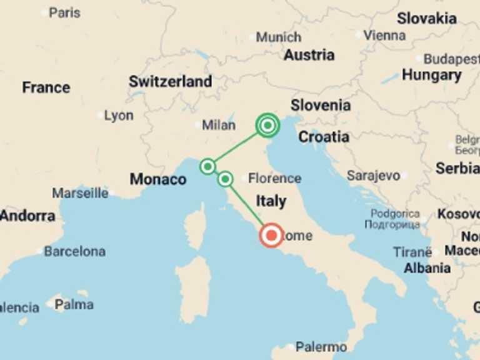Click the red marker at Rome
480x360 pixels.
click(x=271, y=235)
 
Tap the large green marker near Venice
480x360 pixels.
click(x=267, y=126)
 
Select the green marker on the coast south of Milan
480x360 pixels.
click(x=207, y=166)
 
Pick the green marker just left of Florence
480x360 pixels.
click(x=226, y=179)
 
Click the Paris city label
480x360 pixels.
click(x=64, y=12)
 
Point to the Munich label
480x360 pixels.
click(x=278, y=37)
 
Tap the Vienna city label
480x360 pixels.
click(x=384, y=36)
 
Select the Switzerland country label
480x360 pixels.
click(x=170, y=81)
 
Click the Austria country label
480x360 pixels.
click(x=309, y=55)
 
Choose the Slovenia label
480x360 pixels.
click(x=320, y=105)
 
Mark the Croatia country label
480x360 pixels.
click(x=323, y=136)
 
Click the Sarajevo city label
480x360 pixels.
click(x=373, y=176)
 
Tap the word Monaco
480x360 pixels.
click(x=157, y=179)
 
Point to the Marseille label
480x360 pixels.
click(x=80, y=193)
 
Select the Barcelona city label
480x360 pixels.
click(x=74, y=251)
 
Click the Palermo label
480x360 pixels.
click(x=321, y=346)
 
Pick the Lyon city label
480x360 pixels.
click(x=119, y=116)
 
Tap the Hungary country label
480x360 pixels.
click(x=431, y=76)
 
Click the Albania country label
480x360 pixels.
click(x=427, y=268)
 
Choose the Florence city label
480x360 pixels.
click(x=274, y=179)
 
